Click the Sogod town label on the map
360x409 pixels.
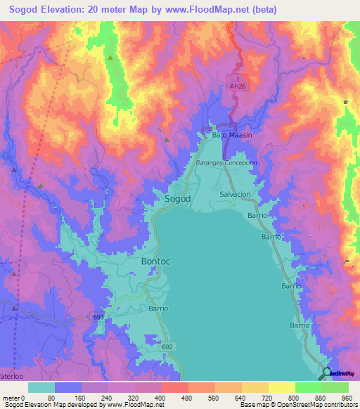click(x=177, y=199)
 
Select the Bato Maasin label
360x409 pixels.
click(x=232, y=134)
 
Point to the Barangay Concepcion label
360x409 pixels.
click(x=226, y=162)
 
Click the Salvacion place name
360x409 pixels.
click(x=235, y=194)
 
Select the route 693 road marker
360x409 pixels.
click(x=99, y=318)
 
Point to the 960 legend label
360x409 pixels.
click(x=347, y=397)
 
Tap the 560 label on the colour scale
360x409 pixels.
click(x=214, y=397)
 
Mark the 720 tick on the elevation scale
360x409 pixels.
click(x=267, y=397)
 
